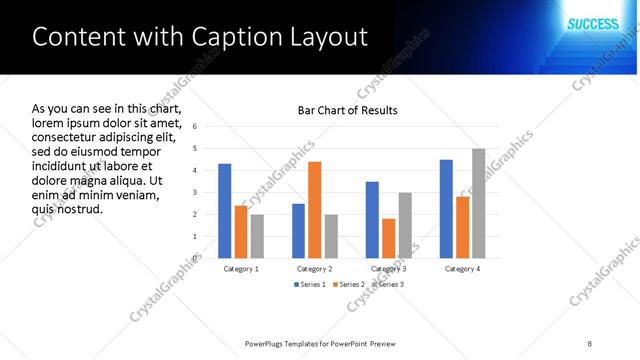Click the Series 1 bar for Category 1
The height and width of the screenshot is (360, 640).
pyautogui.click(x=225, y=211)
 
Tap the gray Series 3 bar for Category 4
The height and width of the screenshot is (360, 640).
pyautogui.click(x=478, y=203)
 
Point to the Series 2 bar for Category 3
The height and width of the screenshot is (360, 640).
pyautogui.click(x=388, y=238)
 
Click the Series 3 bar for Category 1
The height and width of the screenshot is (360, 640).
pyautogui.click(x=257, y=236)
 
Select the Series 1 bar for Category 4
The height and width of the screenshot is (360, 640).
pyautogui.click(x=446, y=208)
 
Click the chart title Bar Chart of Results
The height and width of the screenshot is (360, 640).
pyautogui.click(x=348, y=110)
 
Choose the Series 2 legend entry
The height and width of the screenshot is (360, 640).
pyautogui.click(x=346, y=285)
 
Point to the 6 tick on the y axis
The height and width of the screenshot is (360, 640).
pyautogui.click(x=194, y=126)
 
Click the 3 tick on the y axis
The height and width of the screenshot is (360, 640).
pyautogui.click(x=194, y=192)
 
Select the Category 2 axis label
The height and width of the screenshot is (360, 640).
pyautogui.click(x=314, y=269)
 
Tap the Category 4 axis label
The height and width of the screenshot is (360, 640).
pyautogui.click(x=462, y=269)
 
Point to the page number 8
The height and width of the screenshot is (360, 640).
pyautogui.click(x=590, y=343)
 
